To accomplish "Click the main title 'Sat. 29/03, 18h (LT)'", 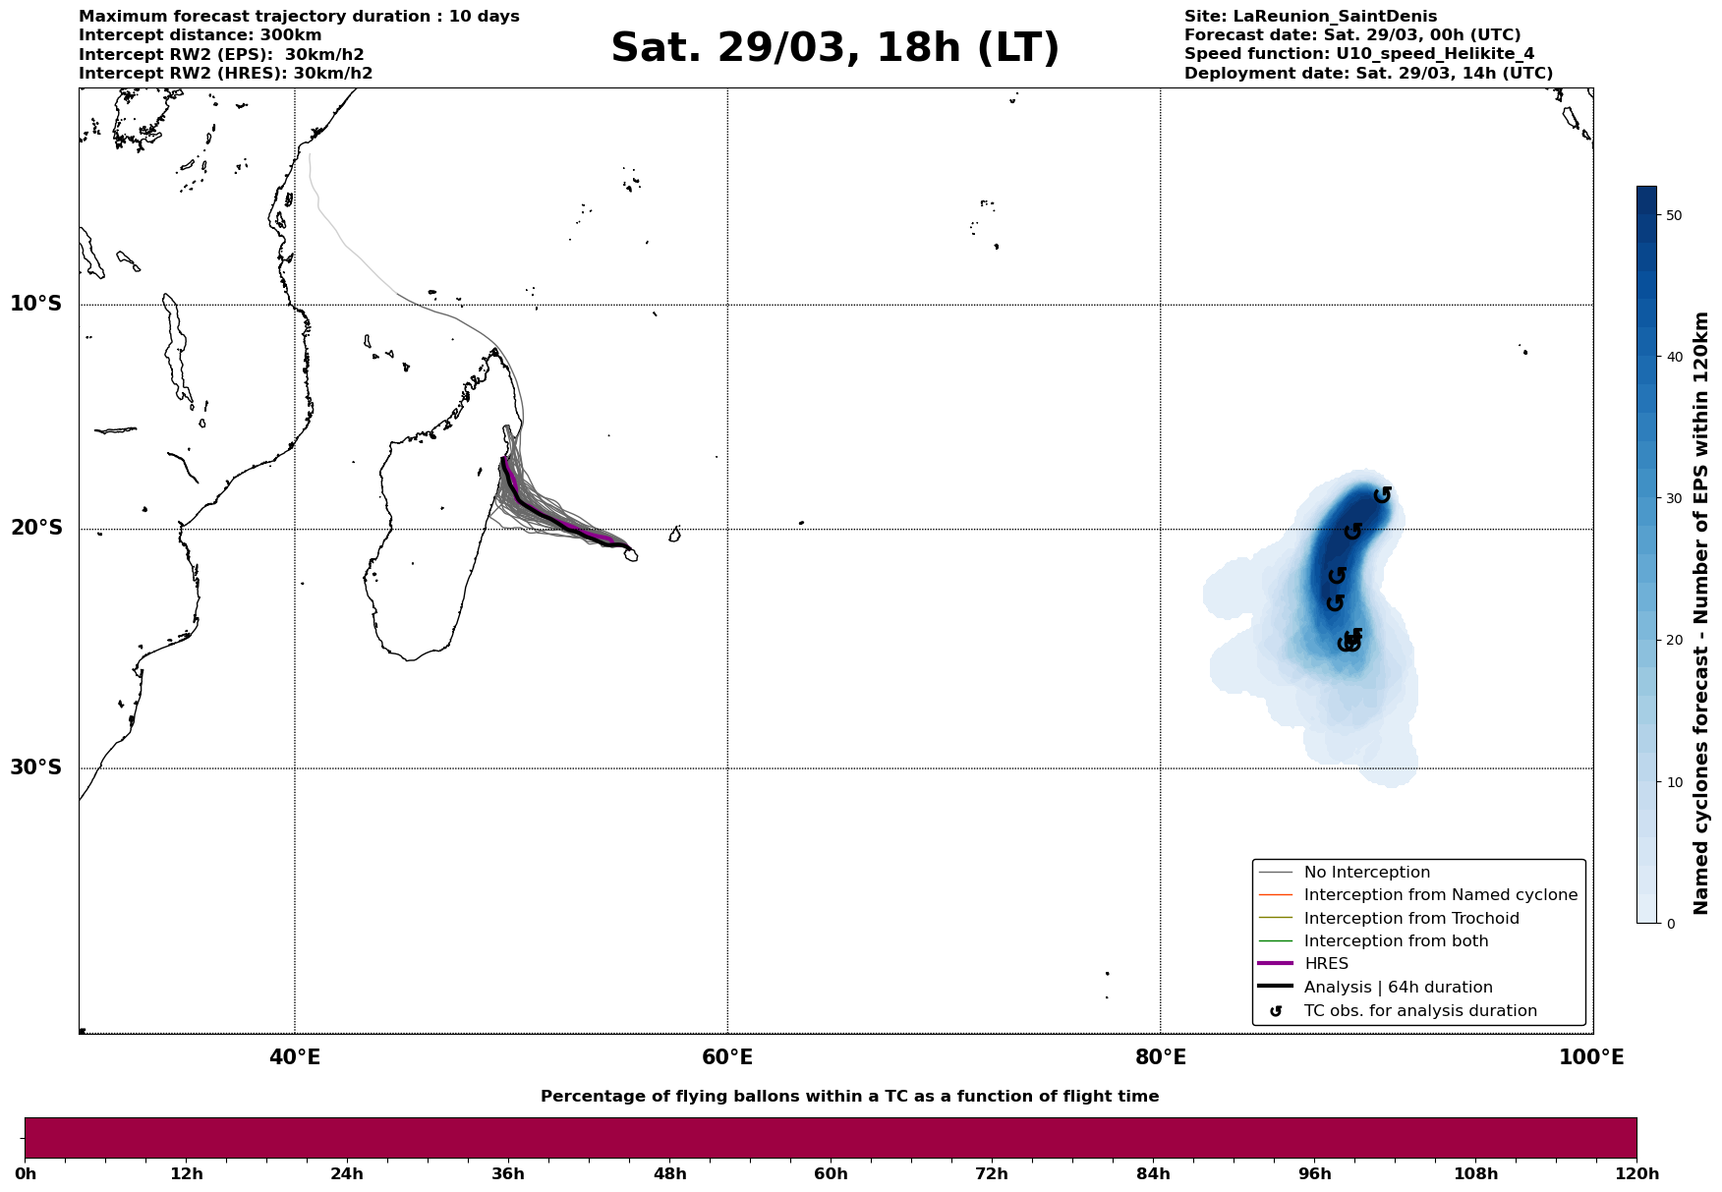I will pyautogui.click(x=834, y=48).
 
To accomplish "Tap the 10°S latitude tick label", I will pyautogui.click(x=36, y=304).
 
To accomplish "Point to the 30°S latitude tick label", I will pyautogui.click(x=36, y=767).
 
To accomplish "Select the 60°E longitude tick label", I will pyautogui.click(x=727, y=1057).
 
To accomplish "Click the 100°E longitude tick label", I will pyautogui.click(x=1591, y=1057).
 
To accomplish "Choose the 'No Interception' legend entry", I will pyautogui.click(x=1366, y=873).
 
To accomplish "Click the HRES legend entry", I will pyautogui.click(x=1326, y=964).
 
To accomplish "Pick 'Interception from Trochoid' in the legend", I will pyautogui.click(x=1410, y=919).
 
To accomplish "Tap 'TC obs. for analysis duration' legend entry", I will pyautogui.click(x=1419, y=1011).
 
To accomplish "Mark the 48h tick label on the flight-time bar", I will pyautogui.click(x=669, y=1173).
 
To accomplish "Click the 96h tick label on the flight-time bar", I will pyautogui.click(x=1314, y=1173).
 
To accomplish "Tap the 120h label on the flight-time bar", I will pyautogui.click(x=1636, y=1173).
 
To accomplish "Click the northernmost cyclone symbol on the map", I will pyautogui.click(x=1382, y=494).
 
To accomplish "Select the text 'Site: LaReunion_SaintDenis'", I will pyautogui.click(x=1310, y=17).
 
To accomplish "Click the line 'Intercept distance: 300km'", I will pyautogui.click(x=200, y=35).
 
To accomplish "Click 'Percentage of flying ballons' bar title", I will pyautogui.click(x=849, y=1097).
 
